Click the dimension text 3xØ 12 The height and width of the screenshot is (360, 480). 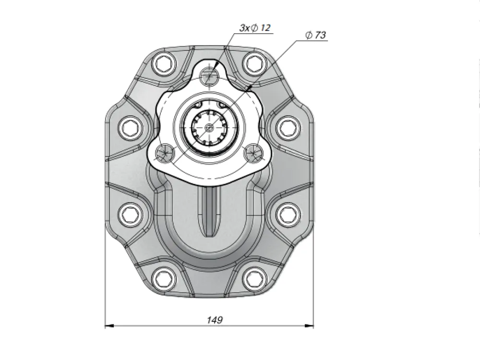pos(255,28)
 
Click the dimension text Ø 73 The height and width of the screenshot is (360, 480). pos(316,35)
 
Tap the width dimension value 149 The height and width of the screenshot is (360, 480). pos(215,320)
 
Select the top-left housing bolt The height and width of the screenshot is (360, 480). pos(165,64)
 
